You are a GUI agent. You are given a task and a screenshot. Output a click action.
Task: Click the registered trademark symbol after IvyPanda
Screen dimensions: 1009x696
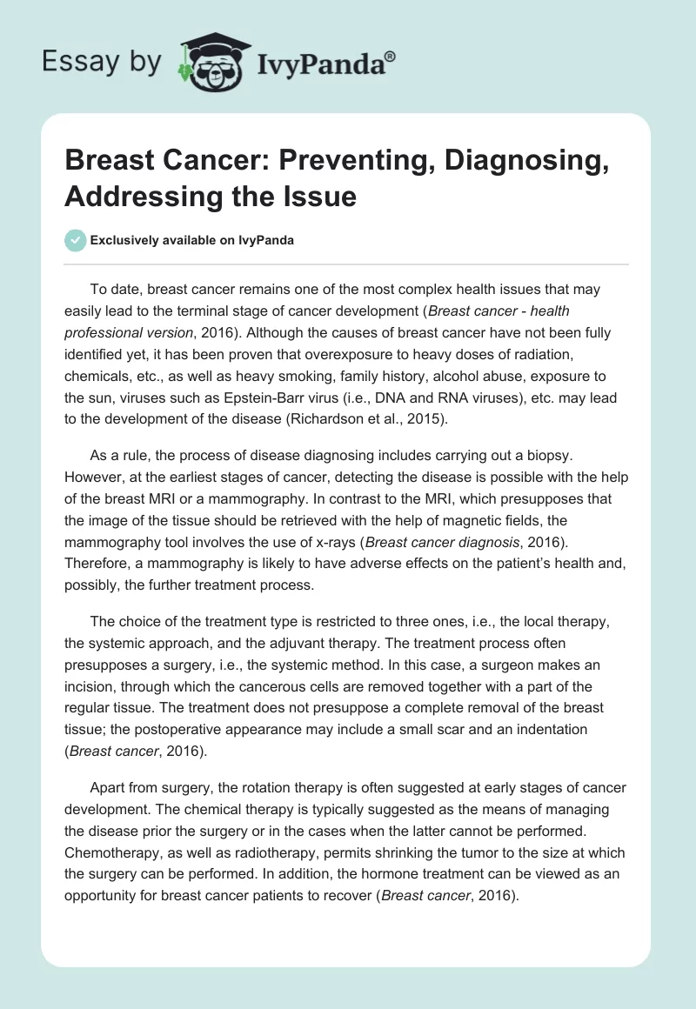tap(391, 55)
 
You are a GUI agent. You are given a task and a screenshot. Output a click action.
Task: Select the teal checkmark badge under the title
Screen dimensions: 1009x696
tap(76, 240)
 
